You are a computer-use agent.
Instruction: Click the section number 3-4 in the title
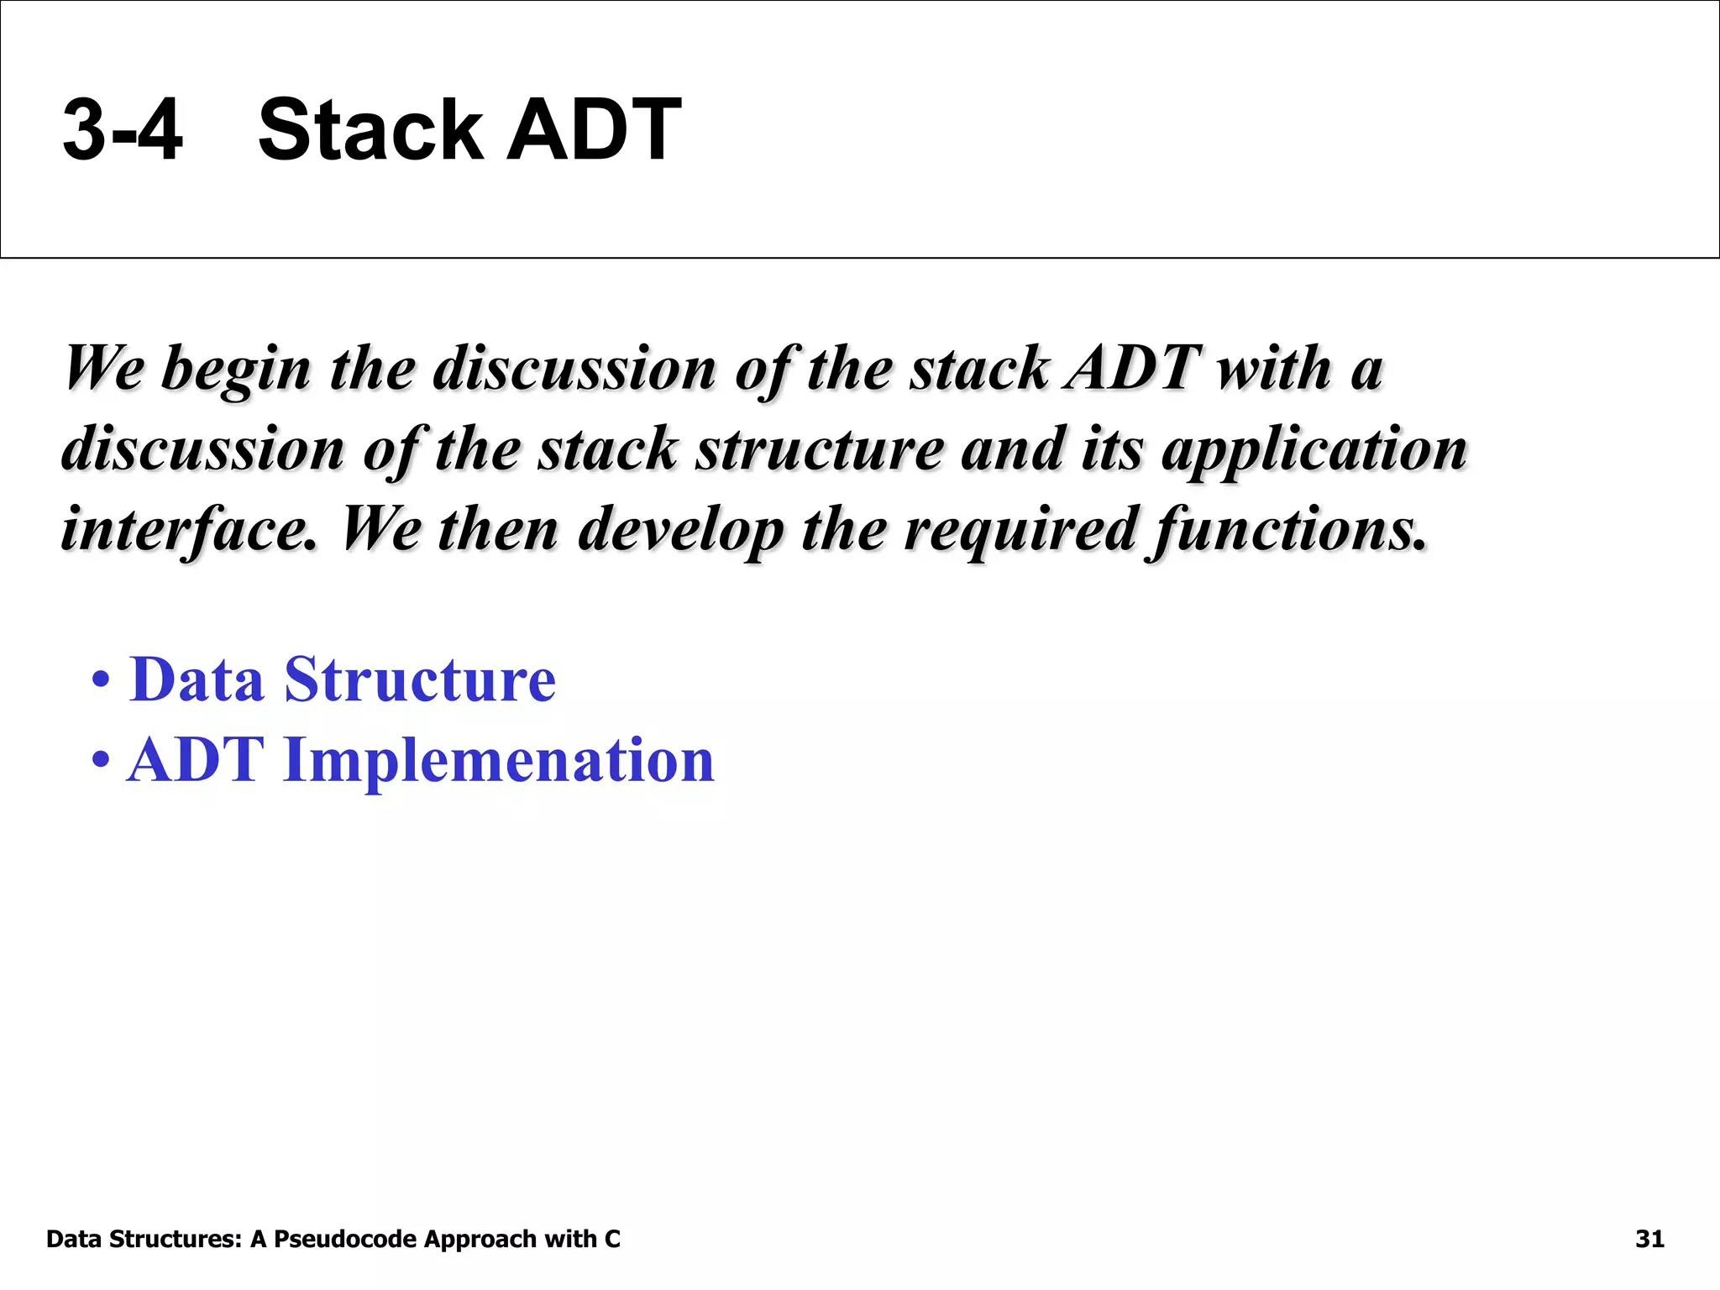coord(123,130)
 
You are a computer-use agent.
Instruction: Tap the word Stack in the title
coord(370,130)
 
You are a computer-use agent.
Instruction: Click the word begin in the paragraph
coord(236,370)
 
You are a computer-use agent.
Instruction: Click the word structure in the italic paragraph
coord(820,449)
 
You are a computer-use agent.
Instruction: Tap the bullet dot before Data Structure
coord(101,680)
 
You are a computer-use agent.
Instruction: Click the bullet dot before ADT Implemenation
coord(101,761)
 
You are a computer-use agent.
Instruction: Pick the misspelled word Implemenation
coord(499,760)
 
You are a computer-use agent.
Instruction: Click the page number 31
coord(1649,1240)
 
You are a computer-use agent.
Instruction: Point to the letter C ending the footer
coord(612,1240)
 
